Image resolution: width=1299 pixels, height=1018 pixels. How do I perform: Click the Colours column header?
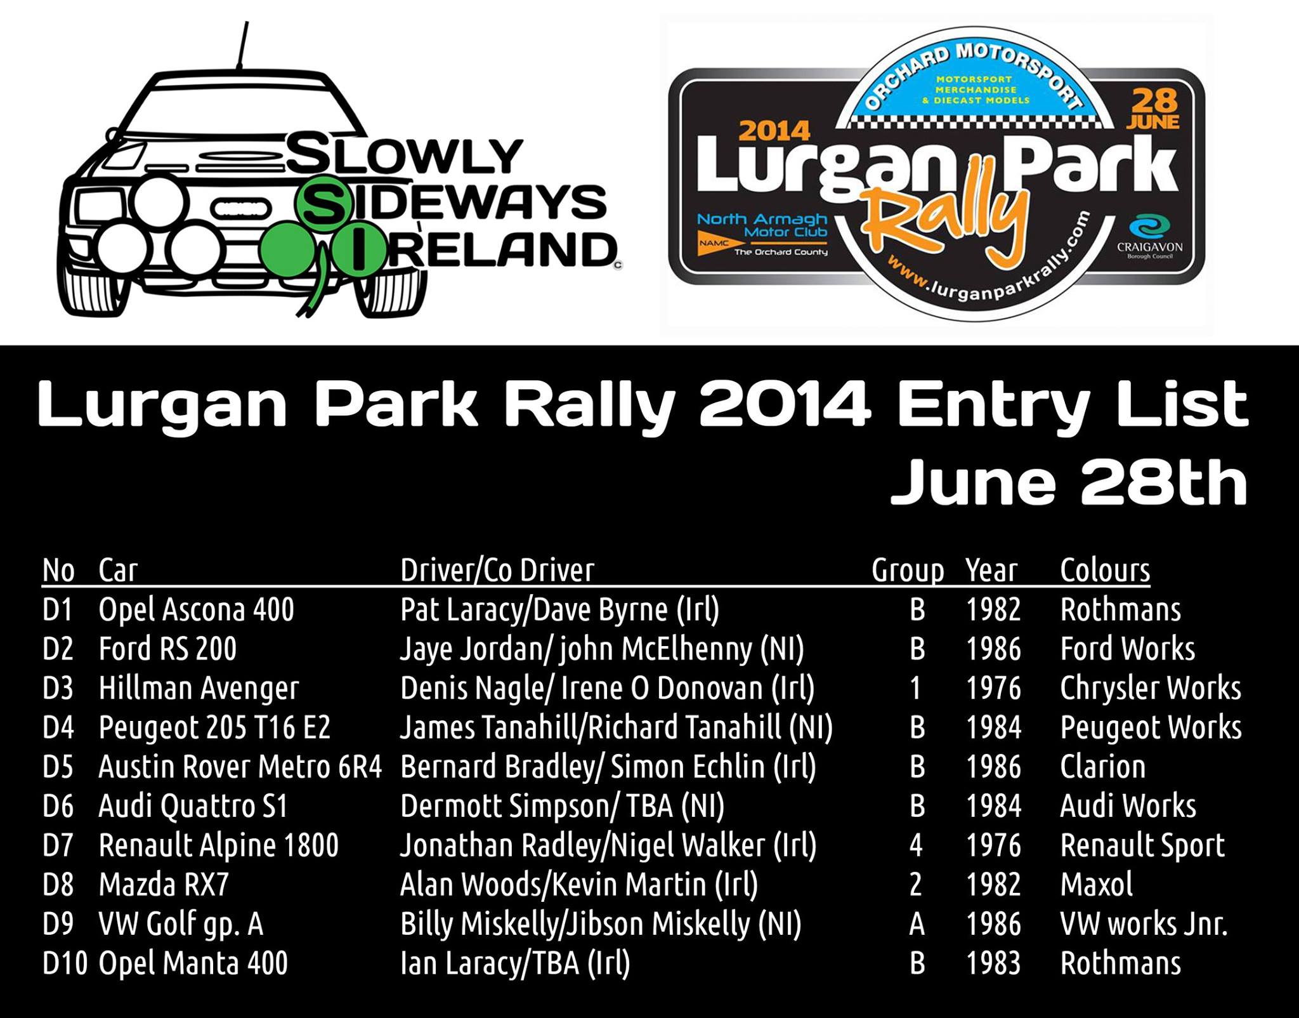coord(1105,570)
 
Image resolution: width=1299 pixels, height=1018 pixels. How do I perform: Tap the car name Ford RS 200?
coord(167,649)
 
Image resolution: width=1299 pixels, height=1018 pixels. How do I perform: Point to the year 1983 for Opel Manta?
coord(993,963)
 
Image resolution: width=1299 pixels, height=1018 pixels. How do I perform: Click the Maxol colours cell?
coord(1096,884)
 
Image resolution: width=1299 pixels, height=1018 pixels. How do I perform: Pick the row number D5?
coord(58,767)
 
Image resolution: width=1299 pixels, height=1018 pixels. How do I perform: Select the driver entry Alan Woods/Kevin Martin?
coord(579,885)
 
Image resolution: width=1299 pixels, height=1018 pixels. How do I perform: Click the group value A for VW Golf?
coord(917,924)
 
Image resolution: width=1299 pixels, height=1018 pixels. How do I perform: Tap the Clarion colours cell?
coord(1103,766)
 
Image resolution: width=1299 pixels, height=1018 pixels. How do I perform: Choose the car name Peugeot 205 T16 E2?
coord(214,728)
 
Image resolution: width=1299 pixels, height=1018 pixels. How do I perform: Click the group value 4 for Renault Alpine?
coord(916,845)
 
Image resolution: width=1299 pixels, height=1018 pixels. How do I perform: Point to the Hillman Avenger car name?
coord(199,689)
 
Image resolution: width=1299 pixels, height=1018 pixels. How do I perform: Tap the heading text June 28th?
coord(1069,483)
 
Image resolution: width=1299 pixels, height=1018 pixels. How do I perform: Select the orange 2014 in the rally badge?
coord(774,131)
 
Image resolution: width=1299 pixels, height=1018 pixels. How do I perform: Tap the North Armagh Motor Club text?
coord(763,226)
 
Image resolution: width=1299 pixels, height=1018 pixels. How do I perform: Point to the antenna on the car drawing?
coord(242,44)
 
